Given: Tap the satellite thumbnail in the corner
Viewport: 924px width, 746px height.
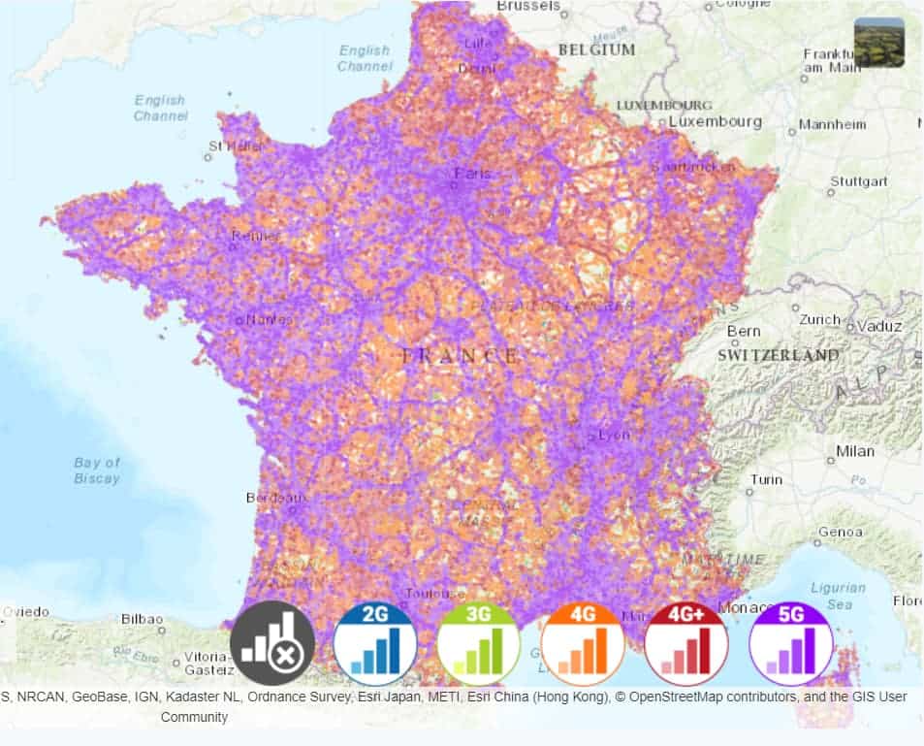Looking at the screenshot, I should click(878, 43).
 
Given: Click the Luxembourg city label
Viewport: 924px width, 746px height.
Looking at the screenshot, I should click(716, 122).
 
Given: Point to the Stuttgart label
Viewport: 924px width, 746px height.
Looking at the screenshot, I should click(858, 181).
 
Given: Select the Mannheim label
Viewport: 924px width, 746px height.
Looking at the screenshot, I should click(831, 125).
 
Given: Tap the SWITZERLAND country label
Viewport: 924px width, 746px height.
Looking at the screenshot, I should click(779, 355).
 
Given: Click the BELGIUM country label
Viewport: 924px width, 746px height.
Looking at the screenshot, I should click(596, 49).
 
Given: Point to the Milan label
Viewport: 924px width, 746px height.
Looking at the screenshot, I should click(854, 451).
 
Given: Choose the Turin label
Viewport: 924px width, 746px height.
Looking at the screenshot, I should click(765, 480).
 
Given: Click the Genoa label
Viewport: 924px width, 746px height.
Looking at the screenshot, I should click(840, 533).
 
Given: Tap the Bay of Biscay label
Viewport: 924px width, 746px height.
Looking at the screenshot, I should click(97, 470).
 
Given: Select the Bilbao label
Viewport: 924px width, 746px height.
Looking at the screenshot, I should click(142, 619).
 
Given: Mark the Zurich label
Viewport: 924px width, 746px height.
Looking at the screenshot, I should click(820, 319).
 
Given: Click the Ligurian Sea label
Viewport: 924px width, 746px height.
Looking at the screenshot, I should click(838, 596).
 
